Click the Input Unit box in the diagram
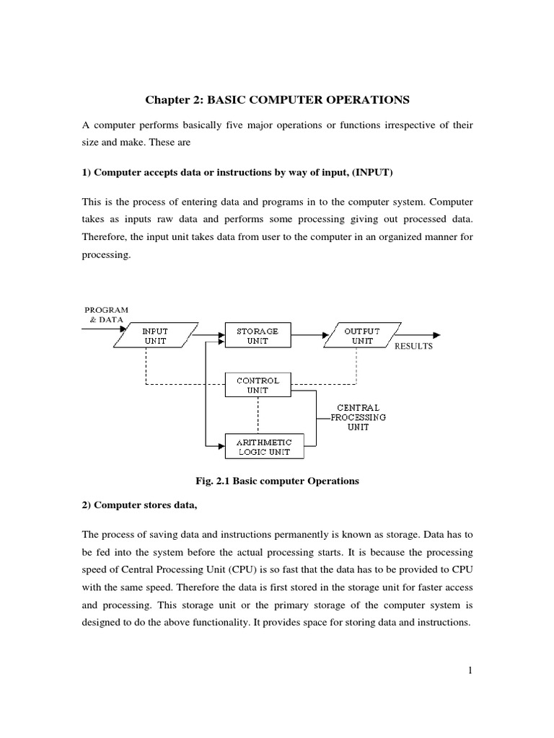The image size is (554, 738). pyautogui.click(x=155, y=336)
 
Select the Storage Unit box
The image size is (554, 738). pyautogui.click(x=258, y=336)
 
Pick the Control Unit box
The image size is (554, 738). pyautogui.click(x=258, y=385)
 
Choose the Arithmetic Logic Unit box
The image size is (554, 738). pyautogui.click(x=258, y=446)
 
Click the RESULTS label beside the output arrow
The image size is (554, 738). pyautogui.click(x=413, y=347)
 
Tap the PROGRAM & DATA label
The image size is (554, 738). pyautogui.click(x=107, y=314)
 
